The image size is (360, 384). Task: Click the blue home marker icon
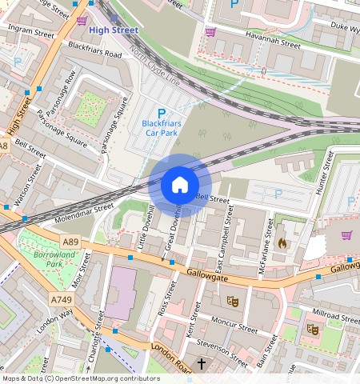(x=180, y=186)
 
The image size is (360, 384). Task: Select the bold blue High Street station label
(x=114, y=30)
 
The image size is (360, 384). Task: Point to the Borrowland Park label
(x=42, y=258)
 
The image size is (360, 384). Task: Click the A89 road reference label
(x=70, y=241)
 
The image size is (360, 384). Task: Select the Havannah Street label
(x=272, y=46)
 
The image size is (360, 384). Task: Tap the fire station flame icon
(x=282, y=243)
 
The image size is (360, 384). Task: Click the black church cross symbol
(x=201, y=364)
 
